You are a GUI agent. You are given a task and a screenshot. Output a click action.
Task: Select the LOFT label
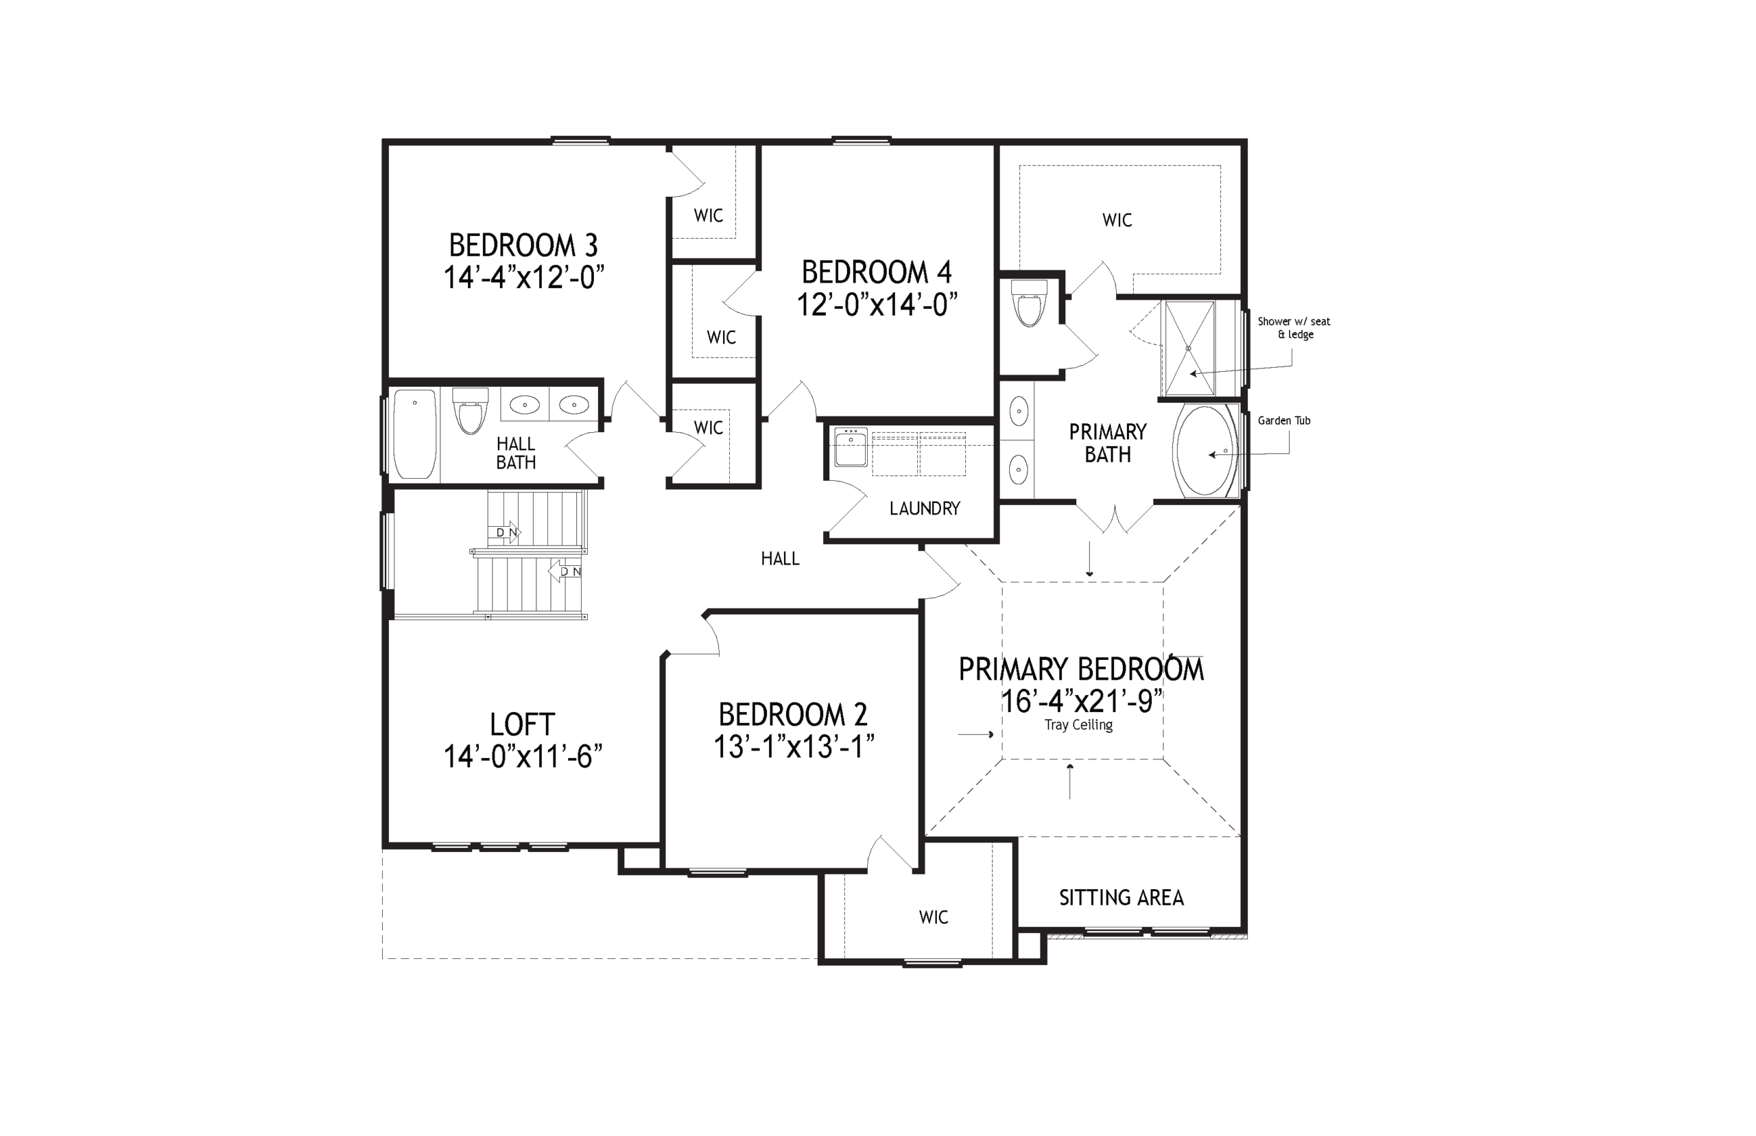click(x=522, y=724)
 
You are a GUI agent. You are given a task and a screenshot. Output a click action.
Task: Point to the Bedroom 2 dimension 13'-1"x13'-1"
click(x=794, y=747)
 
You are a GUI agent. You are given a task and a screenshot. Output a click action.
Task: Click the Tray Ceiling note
click(x=1078, y=725)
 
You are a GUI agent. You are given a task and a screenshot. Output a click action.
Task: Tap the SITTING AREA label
click(x=1121, y=898)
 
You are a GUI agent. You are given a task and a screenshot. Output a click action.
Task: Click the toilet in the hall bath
click(x=470, y=411)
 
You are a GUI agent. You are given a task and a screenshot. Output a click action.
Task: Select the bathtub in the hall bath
click(x=414, y=434)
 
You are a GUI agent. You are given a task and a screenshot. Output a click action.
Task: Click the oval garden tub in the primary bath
click(x=1207, y=450)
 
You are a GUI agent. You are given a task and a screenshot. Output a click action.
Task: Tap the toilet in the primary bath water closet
click(x=1029, y=303)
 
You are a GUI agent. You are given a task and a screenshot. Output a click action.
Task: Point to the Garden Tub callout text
click(x=1284, y=421)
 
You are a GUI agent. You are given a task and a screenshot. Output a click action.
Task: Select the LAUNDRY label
click(x=925, y=508)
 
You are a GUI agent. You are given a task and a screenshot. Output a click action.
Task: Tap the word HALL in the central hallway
click(x=781, y=559)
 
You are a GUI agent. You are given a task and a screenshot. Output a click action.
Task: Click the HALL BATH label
click(x=516, y=453)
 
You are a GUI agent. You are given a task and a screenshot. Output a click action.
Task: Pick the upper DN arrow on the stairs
click(x=504, y=532)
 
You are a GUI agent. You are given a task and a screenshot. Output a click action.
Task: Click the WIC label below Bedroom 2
click(x=933, y=918)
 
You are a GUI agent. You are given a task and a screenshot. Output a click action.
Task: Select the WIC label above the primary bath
click(x=1117, y=220)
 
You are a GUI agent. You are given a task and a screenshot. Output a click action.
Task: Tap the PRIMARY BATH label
click(x=1108, y=442)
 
